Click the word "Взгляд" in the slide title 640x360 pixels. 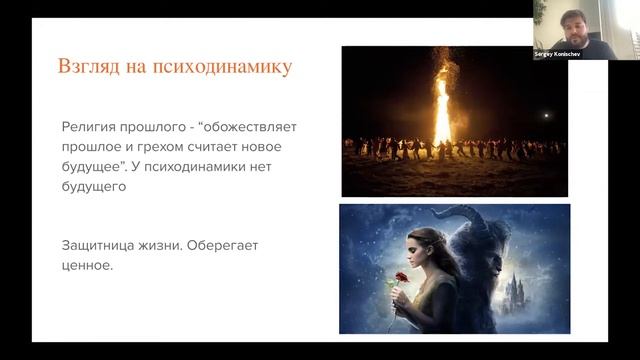point(89,68)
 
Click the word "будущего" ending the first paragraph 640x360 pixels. point(93,186)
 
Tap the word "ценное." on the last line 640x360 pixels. point(88,267)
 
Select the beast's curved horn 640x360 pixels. point(468,216)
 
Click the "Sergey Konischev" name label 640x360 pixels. point(559,54)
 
